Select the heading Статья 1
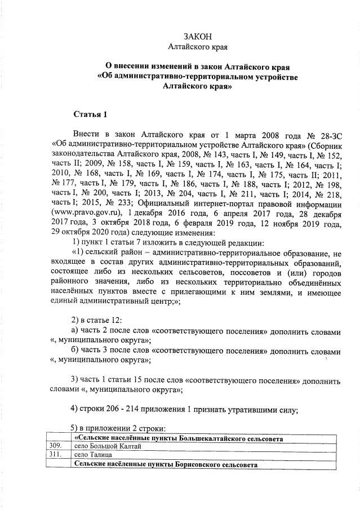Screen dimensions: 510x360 click(90, 115)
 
